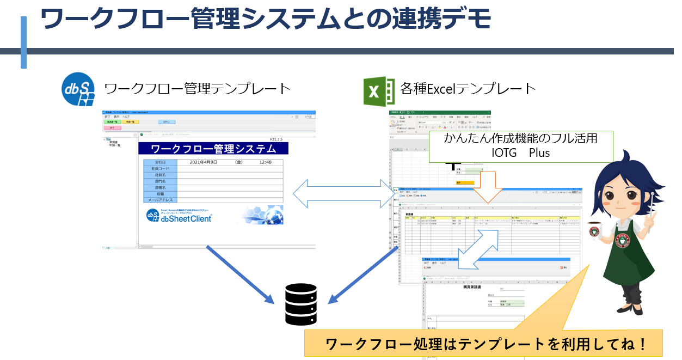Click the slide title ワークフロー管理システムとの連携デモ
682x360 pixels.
coord(266,20)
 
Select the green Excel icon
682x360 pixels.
coord(379,90)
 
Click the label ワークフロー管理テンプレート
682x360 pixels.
coord(197,89)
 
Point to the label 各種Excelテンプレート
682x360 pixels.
coord(468,88)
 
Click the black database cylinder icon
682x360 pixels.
coord(301,304)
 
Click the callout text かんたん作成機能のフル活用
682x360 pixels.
coord(520,139)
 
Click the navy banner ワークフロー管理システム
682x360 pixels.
coord(213,149)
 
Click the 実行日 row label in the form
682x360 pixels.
coord(160,162)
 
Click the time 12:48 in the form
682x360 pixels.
coord(265,162)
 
